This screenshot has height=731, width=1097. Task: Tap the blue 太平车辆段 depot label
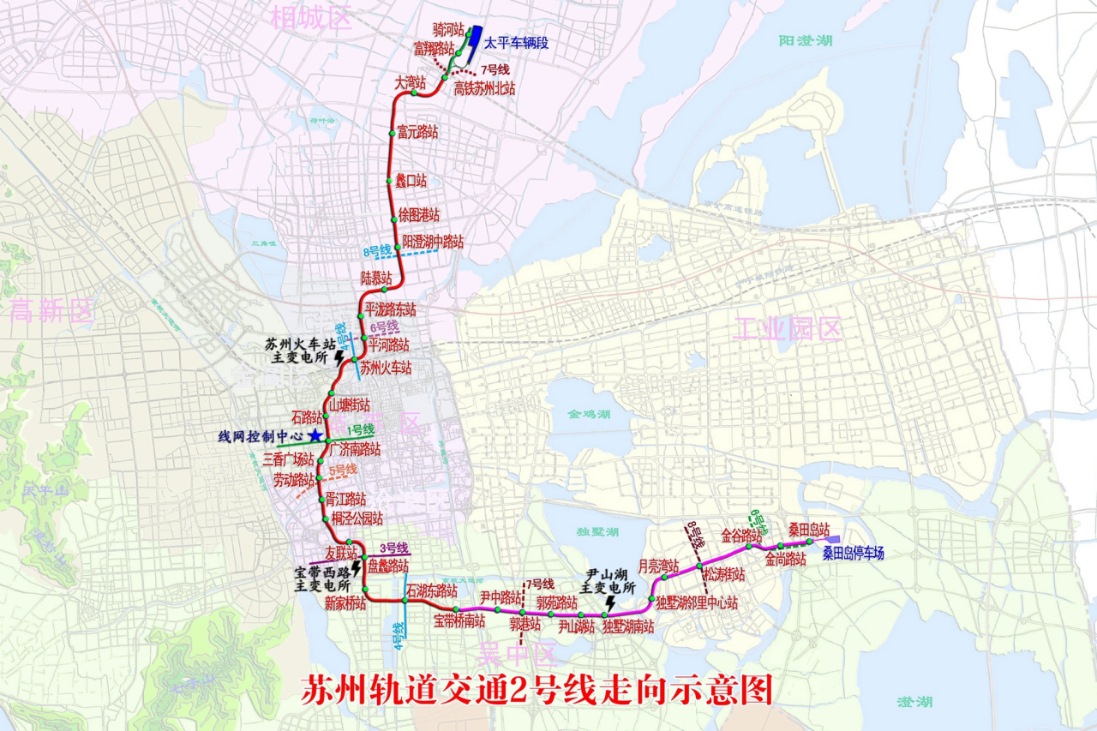pyautogui.click(x=516, y=42)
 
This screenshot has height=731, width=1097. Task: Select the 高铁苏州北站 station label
pyautogui.click(x=484, y=88)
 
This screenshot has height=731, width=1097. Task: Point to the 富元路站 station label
pyautogui.click(x=417, y=133)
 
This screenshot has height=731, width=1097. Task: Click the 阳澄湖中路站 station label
pyautogui.click(x=433, y=242)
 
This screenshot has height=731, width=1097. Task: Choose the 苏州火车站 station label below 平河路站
pyautogui.click(x=386, y=369)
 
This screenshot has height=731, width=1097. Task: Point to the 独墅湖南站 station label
pyautogui.click(x=628, y=627)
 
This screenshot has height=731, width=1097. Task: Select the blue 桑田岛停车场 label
pyautogui.click(x=854, y=554)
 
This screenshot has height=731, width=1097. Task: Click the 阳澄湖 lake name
pyautogui.click(x=806, y=40)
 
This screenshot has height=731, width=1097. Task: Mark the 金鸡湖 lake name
pyautogui.click(x=589, y=414)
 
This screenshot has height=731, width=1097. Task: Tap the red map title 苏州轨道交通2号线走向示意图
pyautogui.click(x=537, y=690)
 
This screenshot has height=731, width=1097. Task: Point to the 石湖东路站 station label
pyautogui.click(x=433, y=590)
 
